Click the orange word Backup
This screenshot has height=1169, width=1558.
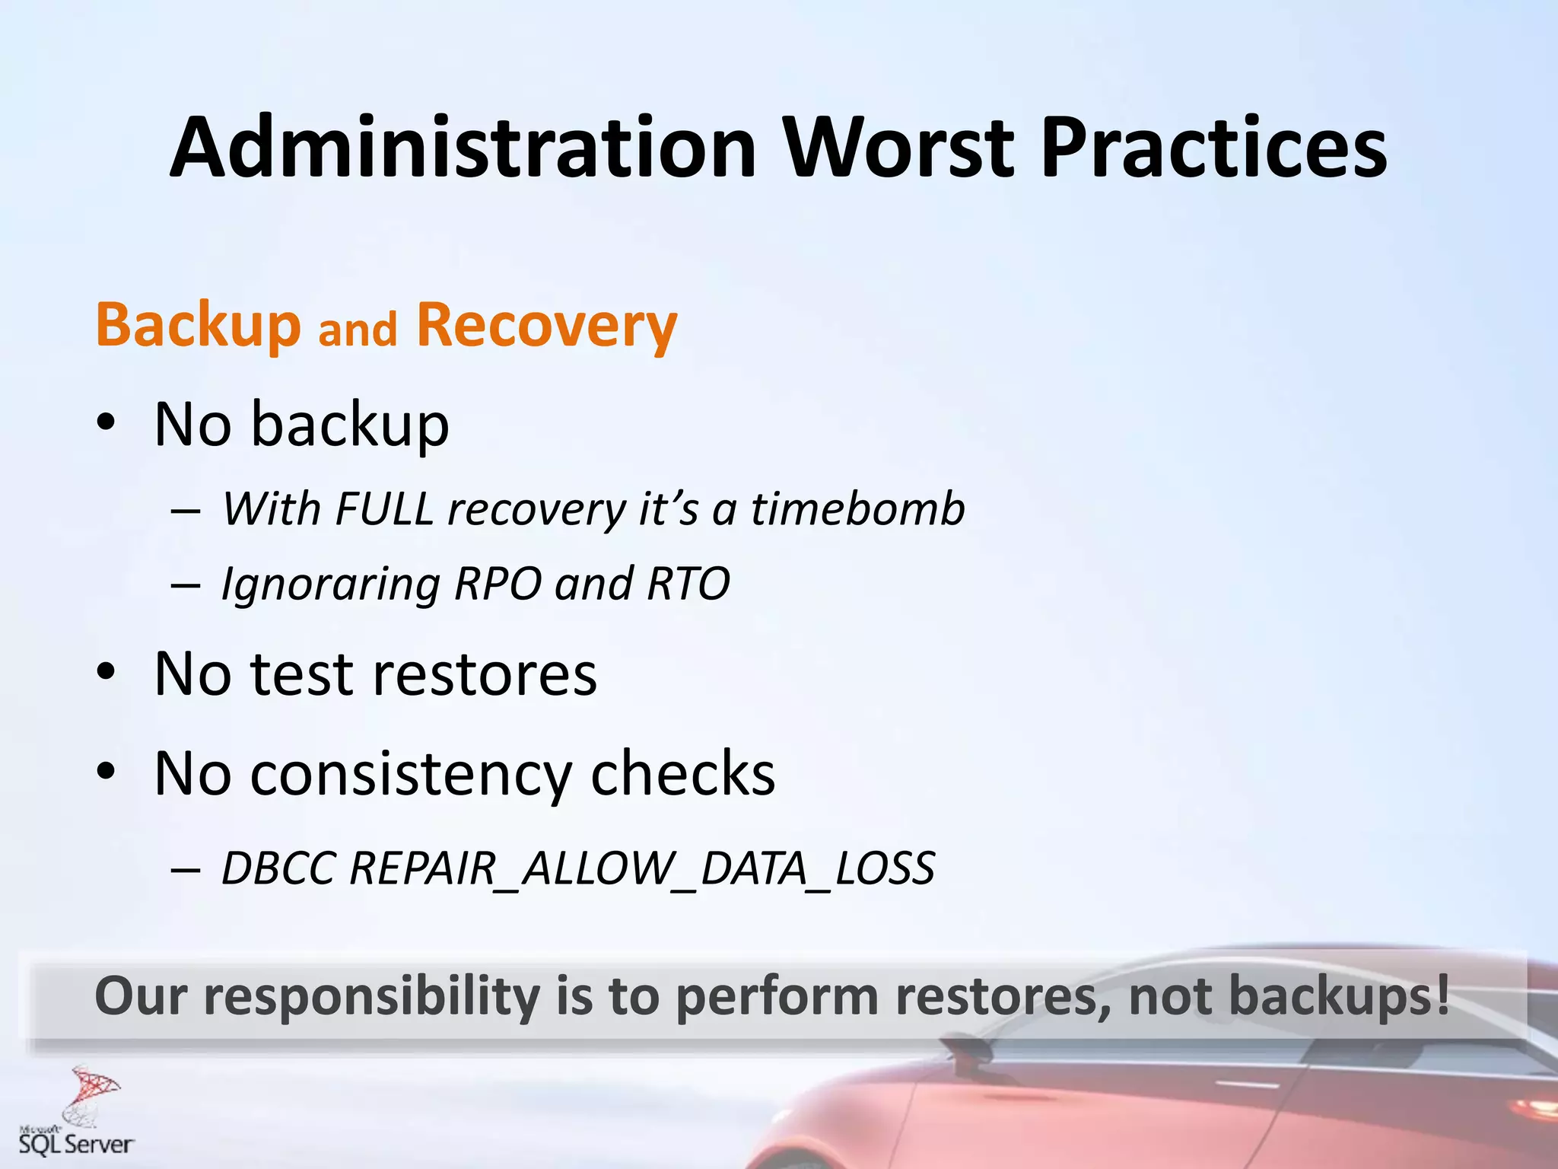coord(199,325)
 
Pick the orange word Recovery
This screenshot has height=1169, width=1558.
coord(546,325)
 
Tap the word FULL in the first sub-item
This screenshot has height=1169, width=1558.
coord(384,508)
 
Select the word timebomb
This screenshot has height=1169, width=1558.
coord(858,508)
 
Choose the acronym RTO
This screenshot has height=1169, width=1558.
coord(688,584)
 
